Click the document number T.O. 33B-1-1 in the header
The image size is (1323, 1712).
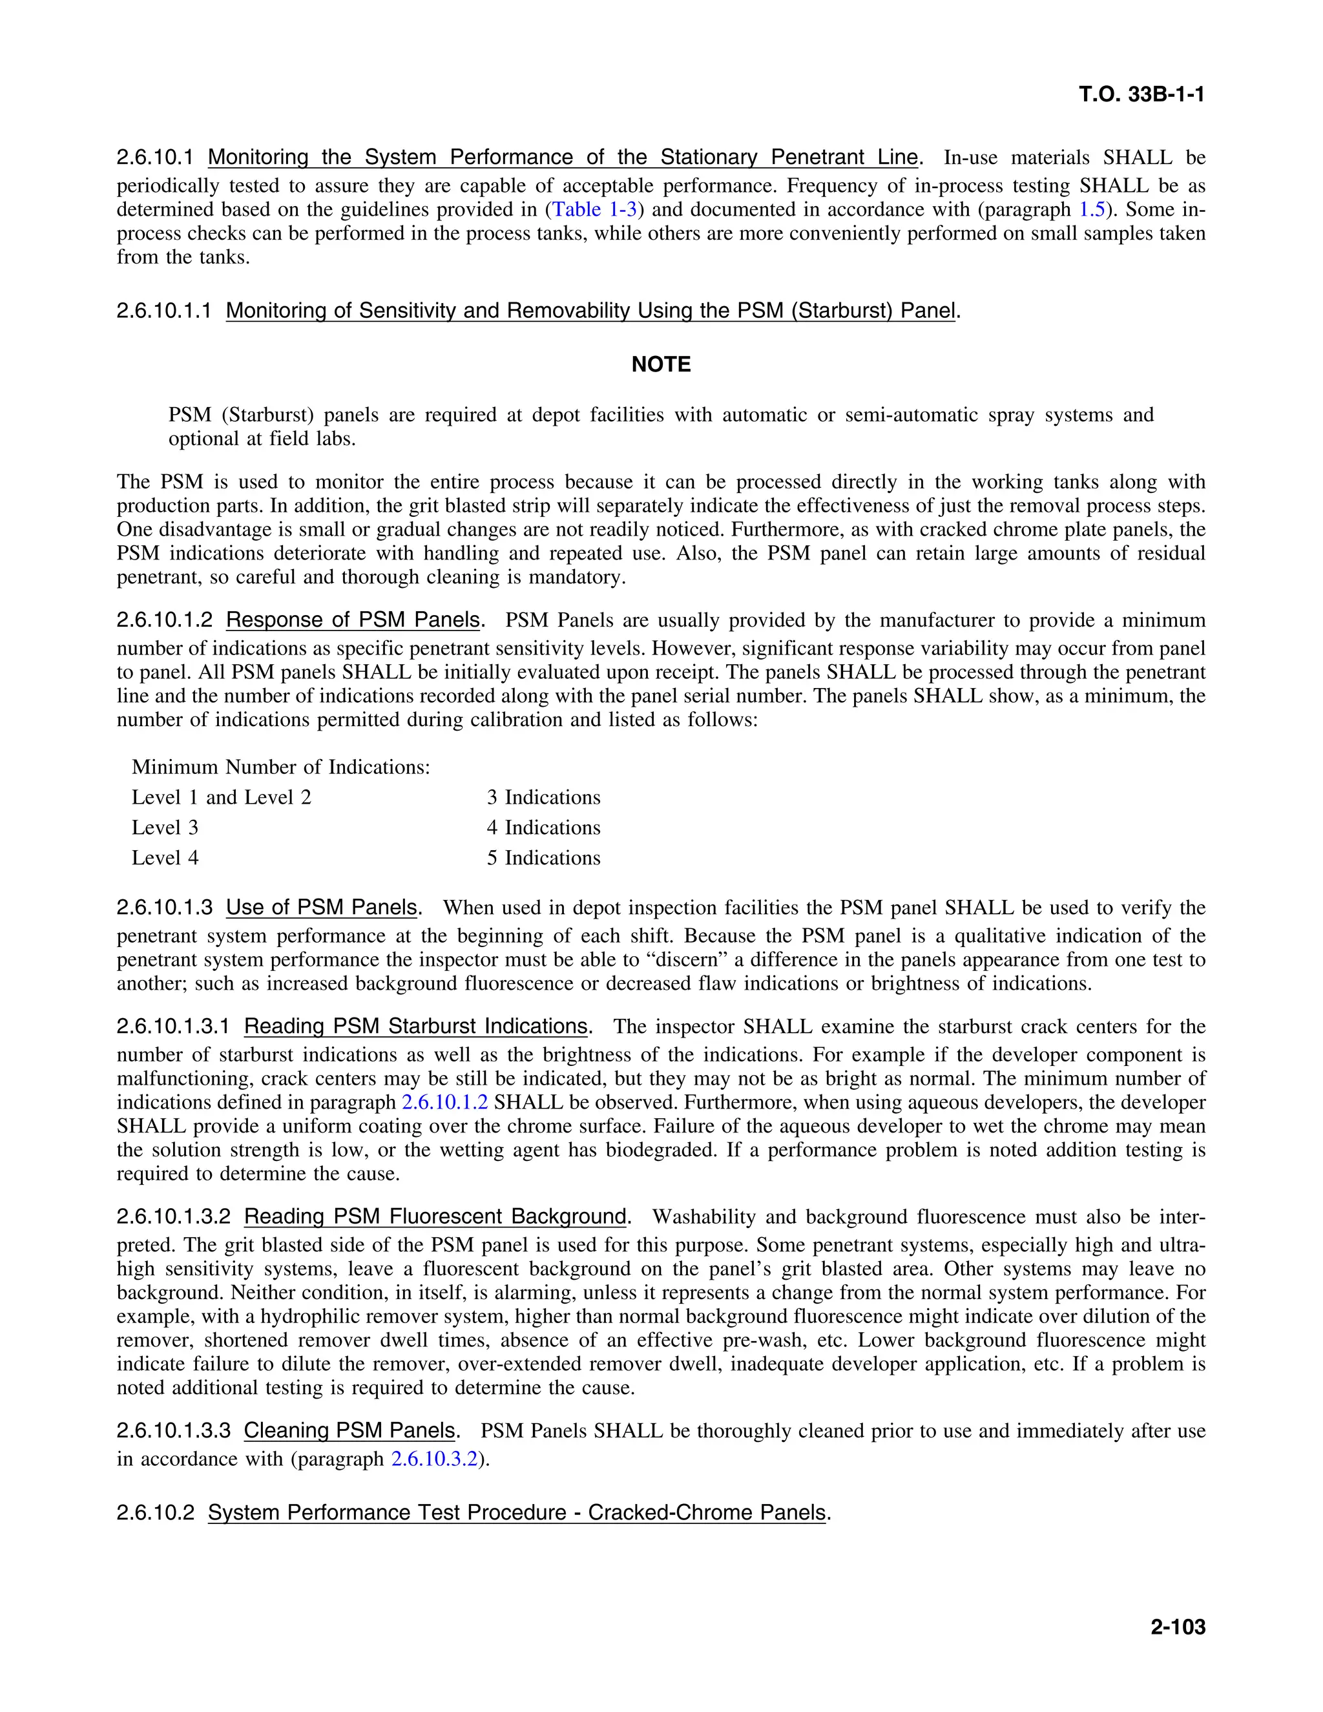point(1141,95)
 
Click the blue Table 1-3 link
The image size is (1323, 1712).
point(595,209)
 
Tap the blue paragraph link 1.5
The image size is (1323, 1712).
point(1092,209)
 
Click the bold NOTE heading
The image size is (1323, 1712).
point(661,364)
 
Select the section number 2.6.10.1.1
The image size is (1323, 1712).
point(164,311)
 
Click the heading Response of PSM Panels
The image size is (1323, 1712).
point(353,620)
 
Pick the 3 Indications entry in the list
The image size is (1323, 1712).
point(543,797)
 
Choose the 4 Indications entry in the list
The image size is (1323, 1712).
point(543,828)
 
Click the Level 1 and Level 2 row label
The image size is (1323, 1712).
point(221,797)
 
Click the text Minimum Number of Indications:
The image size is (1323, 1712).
point(280,767)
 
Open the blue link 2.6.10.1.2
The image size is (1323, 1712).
point(444,1102)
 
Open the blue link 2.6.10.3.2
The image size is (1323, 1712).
point(433,1459)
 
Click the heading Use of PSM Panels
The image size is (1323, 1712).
point(321,908)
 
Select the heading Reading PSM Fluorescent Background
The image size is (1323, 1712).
point(435,1216)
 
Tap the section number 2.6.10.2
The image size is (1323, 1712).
point(155,1512)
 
